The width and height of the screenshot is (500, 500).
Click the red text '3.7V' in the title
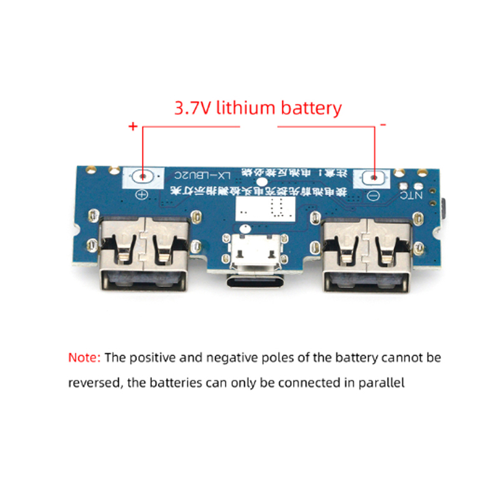point(192,107)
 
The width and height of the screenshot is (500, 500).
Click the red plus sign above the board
point(132,126)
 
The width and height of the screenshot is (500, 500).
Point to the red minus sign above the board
point(382,125)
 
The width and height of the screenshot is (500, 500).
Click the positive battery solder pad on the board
point(143,177)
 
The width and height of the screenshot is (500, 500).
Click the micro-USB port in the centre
point(254,251)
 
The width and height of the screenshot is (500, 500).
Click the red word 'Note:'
point(84,358)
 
